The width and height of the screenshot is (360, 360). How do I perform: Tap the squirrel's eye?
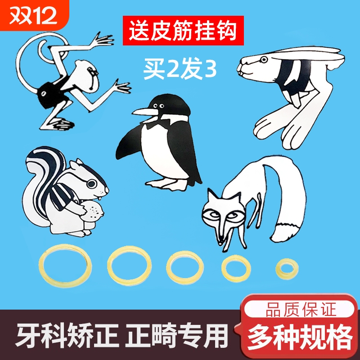point(91,184)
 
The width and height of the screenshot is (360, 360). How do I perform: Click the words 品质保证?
point(296,310)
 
